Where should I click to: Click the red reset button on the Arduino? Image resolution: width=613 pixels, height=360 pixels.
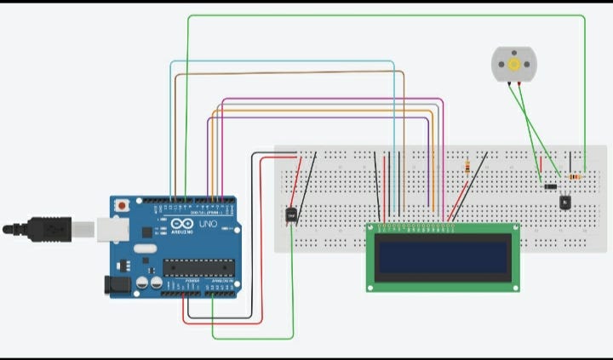coord(123,205)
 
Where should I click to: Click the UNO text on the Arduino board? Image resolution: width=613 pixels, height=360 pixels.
coord(208,225)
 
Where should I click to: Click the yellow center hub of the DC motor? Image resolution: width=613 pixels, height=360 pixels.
coord(513,65)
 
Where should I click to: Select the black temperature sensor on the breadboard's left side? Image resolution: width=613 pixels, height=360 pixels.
coord(291,216)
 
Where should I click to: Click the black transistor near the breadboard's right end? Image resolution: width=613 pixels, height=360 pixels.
coord(564,202)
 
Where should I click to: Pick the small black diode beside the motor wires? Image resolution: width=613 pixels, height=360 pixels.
coord(551,185)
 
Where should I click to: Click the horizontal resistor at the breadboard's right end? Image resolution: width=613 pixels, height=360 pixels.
coord(576,177)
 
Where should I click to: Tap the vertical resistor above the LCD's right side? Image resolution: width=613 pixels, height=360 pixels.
coord(467,166)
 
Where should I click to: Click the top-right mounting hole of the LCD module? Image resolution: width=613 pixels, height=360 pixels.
coord(513,229)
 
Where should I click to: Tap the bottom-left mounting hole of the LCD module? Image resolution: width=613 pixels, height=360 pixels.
coord(372,285)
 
